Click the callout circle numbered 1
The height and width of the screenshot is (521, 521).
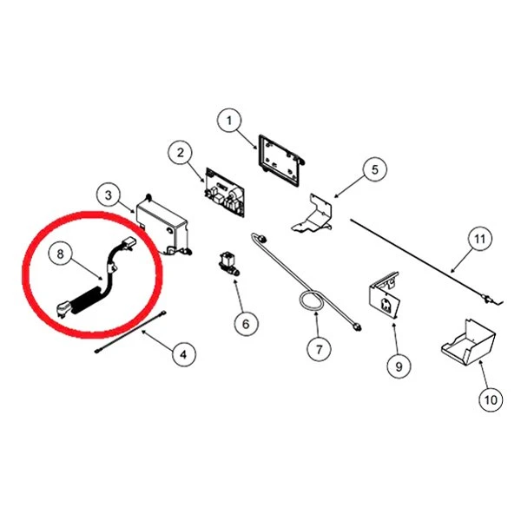[x=229, y=121]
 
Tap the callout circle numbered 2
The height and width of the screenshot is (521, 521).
[x=180, y=153]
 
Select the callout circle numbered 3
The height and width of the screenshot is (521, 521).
[x=109, y=195]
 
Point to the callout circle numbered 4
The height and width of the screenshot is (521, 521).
[x=184, y=354]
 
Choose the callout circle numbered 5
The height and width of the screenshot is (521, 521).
[x=374, y=169]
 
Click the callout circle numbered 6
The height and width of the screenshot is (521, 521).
[x=246, y=324]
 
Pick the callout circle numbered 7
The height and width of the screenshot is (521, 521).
[x=319, y=349]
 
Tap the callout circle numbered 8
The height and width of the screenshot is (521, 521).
[x=60, y=254]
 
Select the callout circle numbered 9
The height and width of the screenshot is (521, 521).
[x=399, y=366]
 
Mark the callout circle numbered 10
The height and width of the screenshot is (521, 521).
[x=491, y=399]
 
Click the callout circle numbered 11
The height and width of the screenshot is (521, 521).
[x=480, y=239]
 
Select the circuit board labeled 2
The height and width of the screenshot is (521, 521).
[x=225, y=193]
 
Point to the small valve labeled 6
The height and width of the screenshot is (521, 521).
[x=228, y=263]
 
